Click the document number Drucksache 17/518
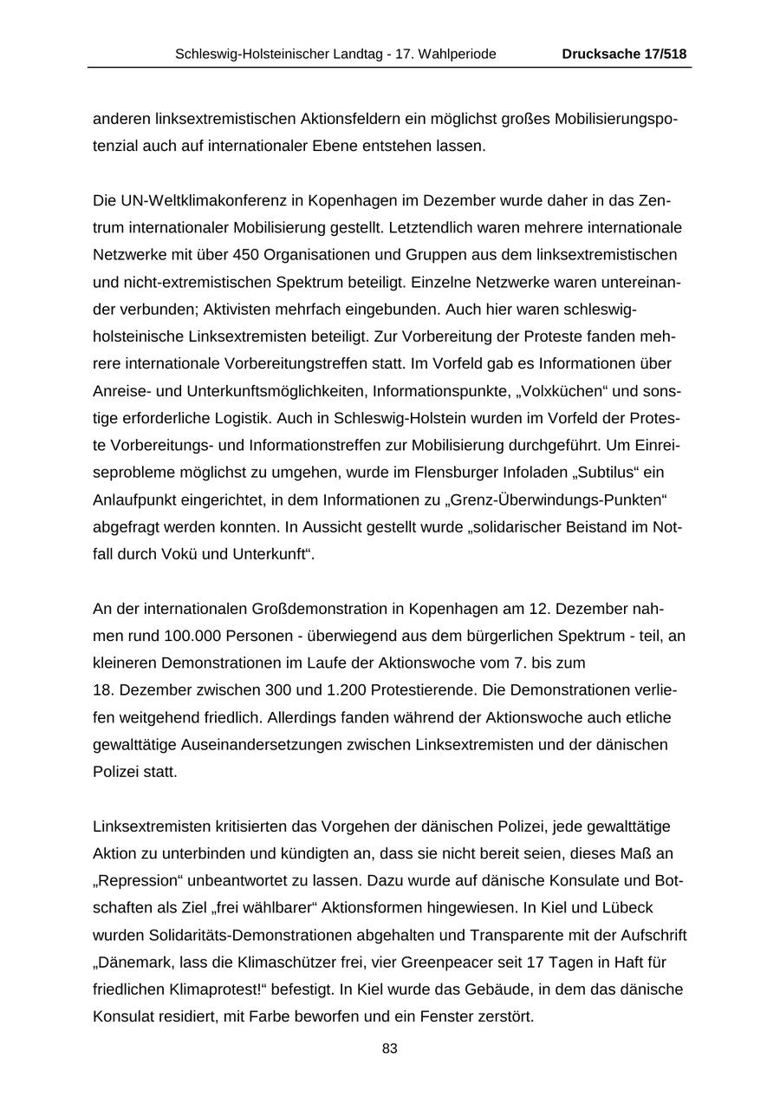(624, 54)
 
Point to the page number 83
(390, 1048)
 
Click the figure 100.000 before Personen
(192, 636)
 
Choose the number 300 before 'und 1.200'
(272, 690)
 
